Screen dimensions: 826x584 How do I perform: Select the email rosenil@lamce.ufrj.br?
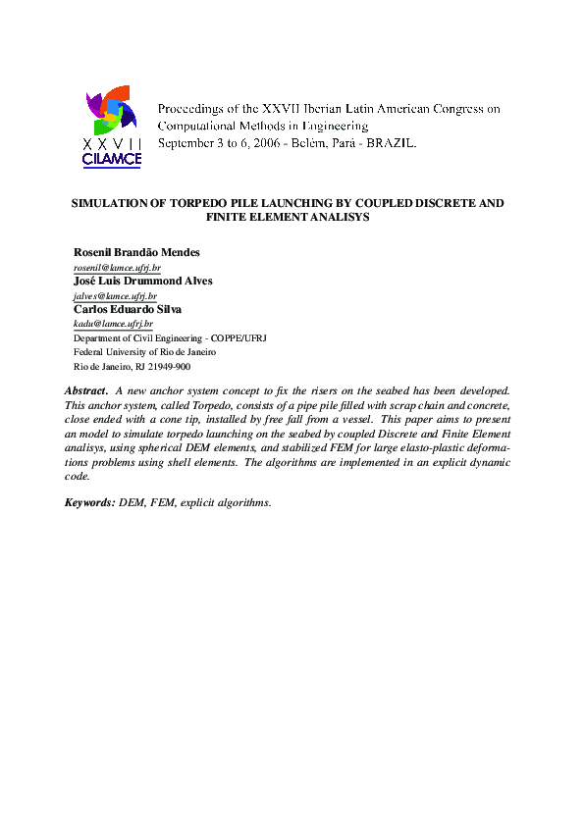pos(117,267)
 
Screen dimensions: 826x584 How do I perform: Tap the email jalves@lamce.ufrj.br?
pos(115,295)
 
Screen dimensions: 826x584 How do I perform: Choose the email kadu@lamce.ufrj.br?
pos(113,323)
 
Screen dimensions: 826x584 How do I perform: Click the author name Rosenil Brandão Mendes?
pos(136,253)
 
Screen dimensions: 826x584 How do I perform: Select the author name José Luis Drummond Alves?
pos(142,281)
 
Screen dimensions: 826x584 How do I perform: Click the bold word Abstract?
pos(85,390)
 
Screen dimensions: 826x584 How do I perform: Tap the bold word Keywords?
pos(89,502)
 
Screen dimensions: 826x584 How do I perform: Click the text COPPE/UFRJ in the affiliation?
pos(235,337)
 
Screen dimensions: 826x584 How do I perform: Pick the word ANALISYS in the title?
pos(338,218)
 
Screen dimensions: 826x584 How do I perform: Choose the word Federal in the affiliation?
pos(89,351)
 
